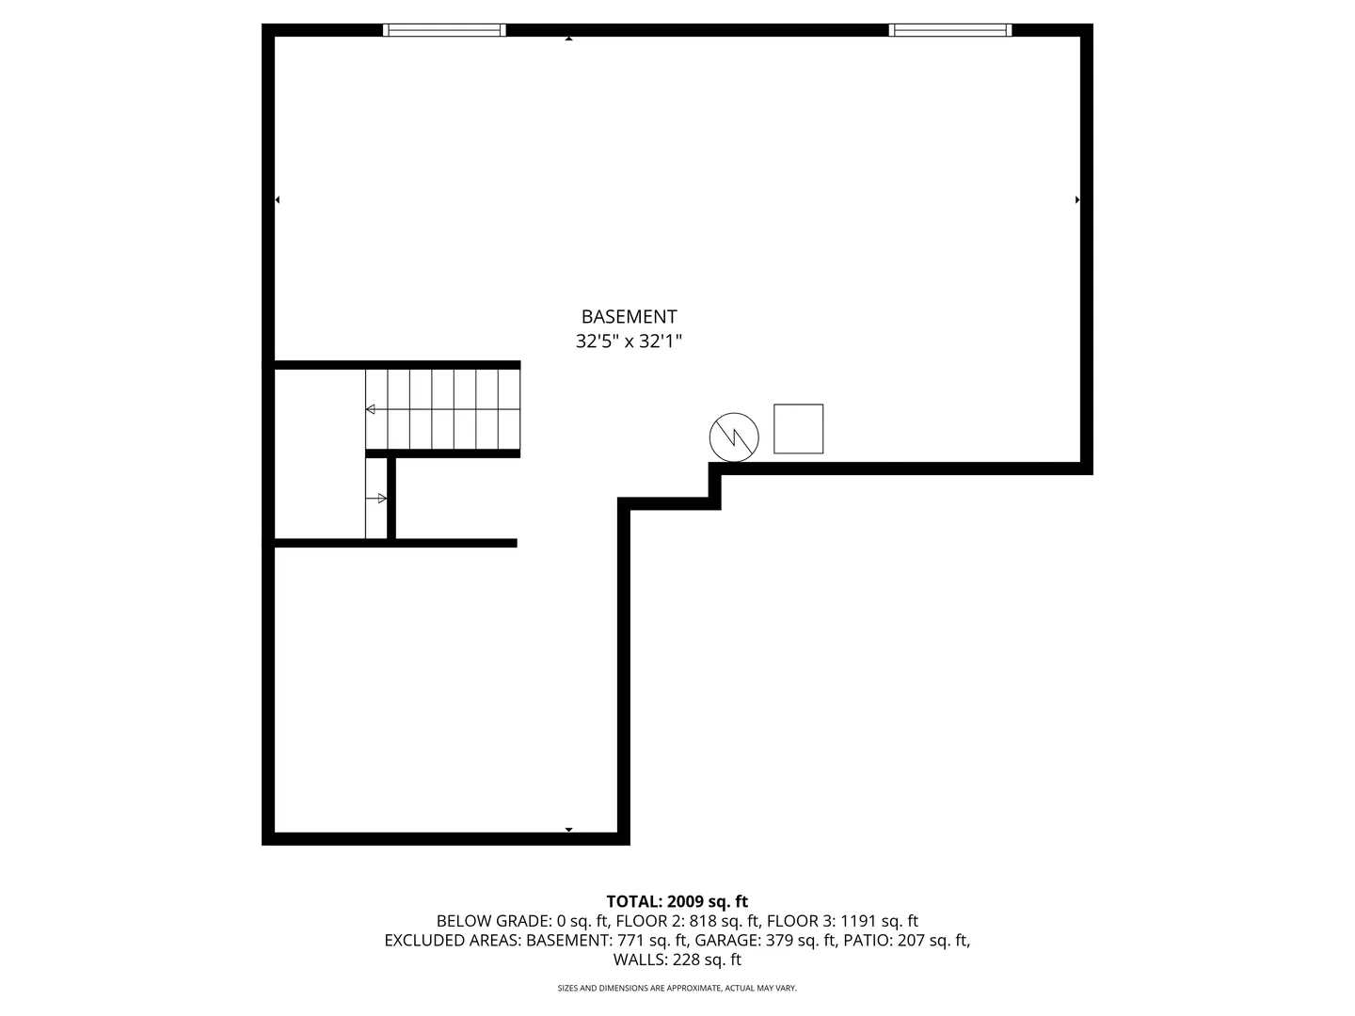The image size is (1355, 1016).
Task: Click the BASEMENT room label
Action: [x=629, y=317]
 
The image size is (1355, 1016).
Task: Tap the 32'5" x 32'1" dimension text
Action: [x=629, y=341]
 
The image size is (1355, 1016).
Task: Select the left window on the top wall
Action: [x=444, y=30]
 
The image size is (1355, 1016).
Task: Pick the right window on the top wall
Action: [x=950, y=30]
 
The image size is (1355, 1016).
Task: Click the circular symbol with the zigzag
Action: [x=734, y=437]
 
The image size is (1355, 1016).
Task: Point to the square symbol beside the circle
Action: [x=798, y=429]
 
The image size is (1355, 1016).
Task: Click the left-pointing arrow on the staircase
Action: [x=371, y=409]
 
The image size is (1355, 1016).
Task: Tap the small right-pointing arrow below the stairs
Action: [x=380, y=498]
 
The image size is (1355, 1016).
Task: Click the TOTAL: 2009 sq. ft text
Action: [x=677, y=902]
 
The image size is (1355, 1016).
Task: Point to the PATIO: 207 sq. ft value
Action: [x=906, y=940]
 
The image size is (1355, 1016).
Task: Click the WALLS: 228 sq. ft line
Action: [x=677, y=960]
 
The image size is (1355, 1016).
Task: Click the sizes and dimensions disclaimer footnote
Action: [x=677, y=988]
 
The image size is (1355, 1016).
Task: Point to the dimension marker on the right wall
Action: [x=1077, y=199]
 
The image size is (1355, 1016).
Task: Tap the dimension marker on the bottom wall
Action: [x=568, y=830]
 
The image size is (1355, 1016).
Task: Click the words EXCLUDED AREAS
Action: [x=452, y=940]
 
